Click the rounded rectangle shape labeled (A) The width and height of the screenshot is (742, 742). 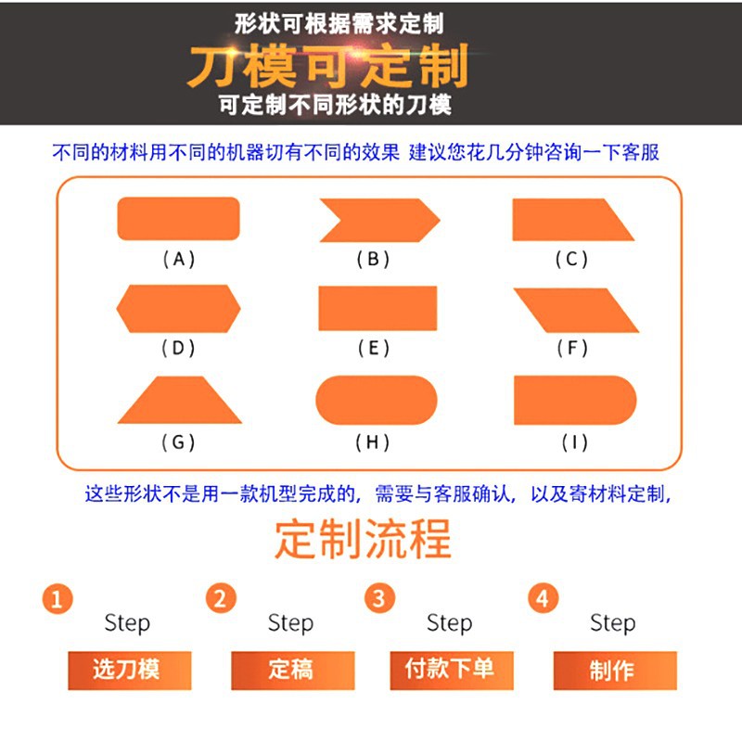tap(178, 219)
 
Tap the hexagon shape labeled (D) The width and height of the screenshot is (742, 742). tap(178, 309)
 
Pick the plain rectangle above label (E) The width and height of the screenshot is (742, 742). tap(377, 308)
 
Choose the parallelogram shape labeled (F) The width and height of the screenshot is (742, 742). tap(576, 310)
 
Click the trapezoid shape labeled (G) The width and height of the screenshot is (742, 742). tap(180, 400)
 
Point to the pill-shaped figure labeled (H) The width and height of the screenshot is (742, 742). tap(377, 400)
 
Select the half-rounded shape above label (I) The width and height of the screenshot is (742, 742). tap(575, 400)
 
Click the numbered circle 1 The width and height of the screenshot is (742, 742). tap(58, 598)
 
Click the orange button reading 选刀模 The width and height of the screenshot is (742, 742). tap(130, 671)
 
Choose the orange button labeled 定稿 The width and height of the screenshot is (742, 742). tap(293, 671)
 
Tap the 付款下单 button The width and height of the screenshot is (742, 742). tap(452, 671)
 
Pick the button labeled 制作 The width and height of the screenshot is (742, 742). tap(615, 671)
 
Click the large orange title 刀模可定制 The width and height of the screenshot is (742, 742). tap(328, 66)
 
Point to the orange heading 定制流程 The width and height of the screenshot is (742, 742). tap(363, 539)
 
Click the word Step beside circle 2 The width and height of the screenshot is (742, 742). tap(290, 622)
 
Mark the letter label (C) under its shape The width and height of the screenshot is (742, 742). tap(571, 260)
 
